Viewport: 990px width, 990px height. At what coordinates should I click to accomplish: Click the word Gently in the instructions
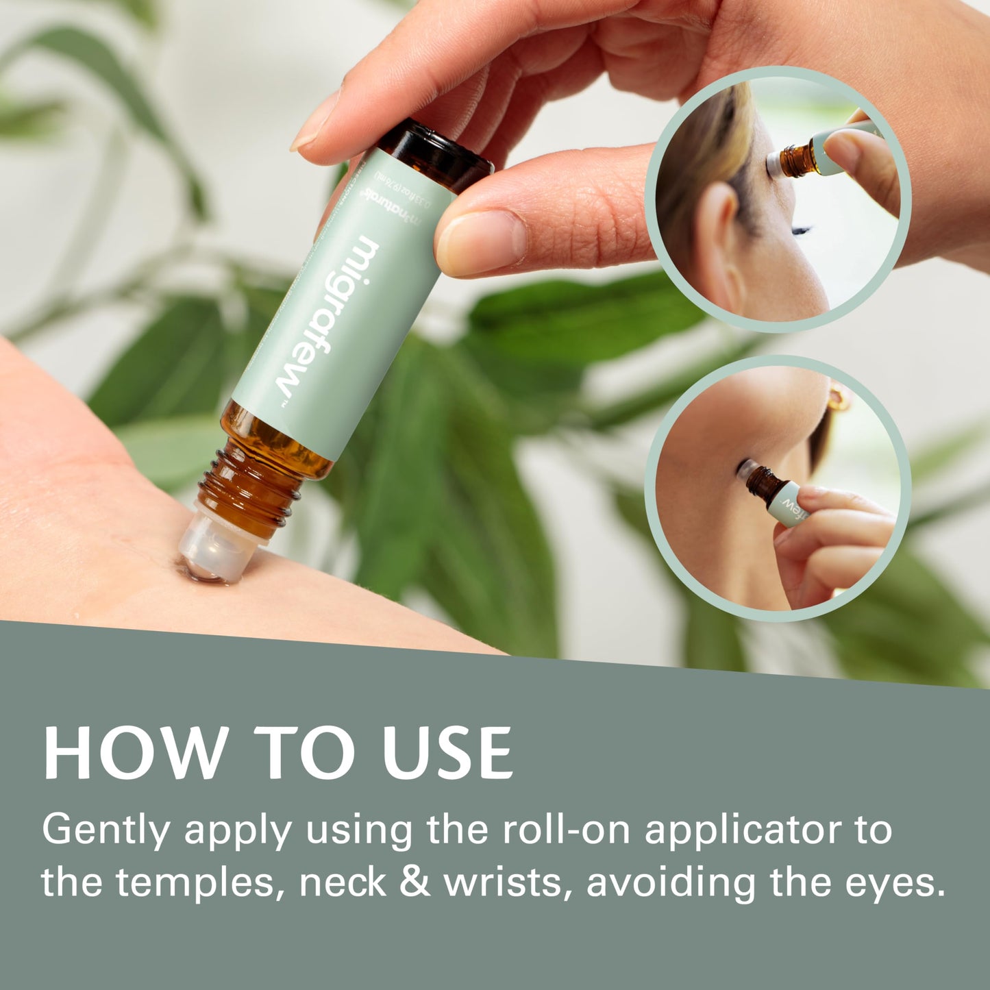(106, 831)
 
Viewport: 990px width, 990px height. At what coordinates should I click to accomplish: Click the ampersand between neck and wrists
(415, 882)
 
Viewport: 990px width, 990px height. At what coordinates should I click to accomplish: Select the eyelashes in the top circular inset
(801, 230)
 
